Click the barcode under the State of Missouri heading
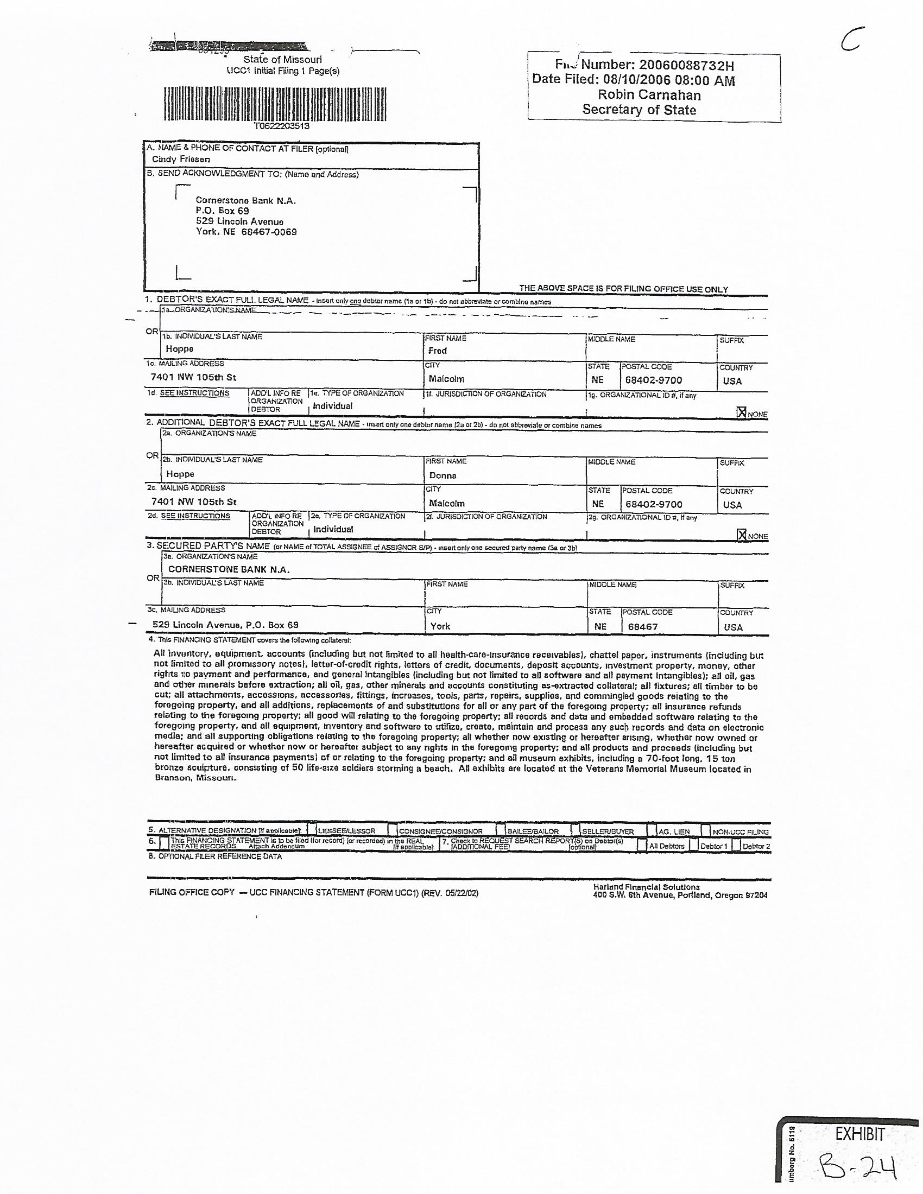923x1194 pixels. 275,103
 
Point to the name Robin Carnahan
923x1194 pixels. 649,94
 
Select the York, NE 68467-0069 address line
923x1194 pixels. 246,232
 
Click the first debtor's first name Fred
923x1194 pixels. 438,351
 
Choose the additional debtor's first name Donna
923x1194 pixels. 442,475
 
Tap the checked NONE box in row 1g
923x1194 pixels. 742,413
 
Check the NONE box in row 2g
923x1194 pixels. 742,535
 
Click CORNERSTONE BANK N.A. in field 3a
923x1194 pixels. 229,570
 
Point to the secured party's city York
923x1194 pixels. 440,626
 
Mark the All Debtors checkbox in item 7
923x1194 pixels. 641,845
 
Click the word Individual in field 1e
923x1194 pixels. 332,406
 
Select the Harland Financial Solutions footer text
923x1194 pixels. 646,887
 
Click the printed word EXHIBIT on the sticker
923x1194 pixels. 859,1134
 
